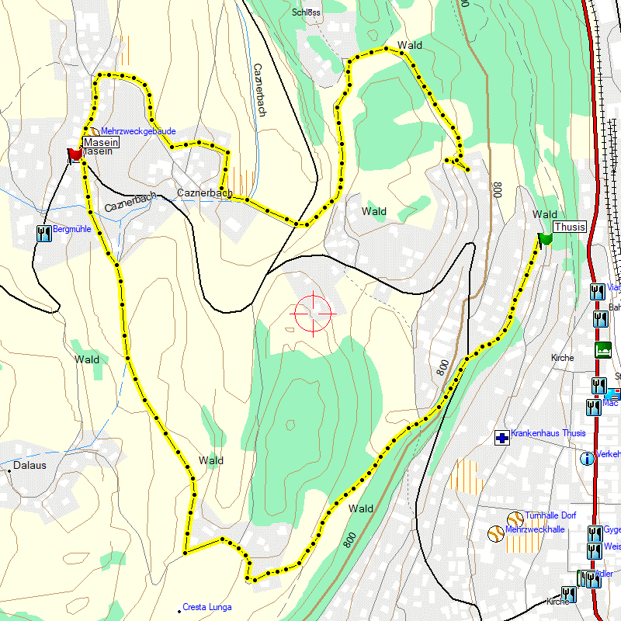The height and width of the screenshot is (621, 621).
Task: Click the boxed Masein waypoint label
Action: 102,143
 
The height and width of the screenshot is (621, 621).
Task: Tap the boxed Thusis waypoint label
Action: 569,227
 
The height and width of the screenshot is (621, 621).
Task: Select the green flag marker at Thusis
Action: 545,238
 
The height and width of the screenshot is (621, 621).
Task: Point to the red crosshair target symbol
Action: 313,313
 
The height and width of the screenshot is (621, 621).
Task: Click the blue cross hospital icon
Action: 502,439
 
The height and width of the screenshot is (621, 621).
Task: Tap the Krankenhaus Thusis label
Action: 548,433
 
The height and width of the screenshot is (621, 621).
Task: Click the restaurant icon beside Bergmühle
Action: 43,231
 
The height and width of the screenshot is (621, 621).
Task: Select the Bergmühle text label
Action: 72,231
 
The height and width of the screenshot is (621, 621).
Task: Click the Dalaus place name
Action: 29,467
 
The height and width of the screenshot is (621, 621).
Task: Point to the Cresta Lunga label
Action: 206,607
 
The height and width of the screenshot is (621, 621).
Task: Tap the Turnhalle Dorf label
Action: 550,515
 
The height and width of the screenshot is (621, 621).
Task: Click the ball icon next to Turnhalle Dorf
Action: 514,518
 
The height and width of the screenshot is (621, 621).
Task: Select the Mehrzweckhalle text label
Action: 534,529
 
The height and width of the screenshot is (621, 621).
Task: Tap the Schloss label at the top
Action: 307,12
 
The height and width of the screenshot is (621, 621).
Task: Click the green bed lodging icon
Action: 602,349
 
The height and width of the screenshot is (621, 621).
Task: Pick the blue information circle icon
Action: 587,458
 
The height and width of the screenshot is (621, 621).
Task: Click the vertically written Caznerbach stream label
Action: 259,89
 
